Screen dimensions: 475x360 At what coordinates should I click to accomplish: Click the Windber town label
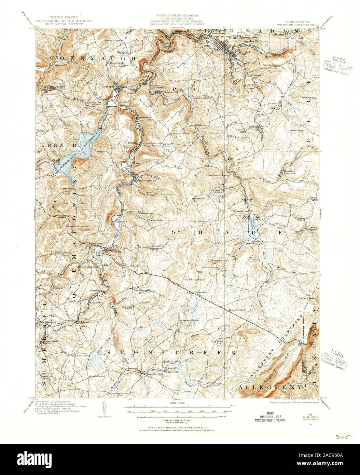point(234,52)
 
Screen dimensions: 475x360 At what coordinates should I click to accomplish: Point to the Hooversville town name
point(147,180)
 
